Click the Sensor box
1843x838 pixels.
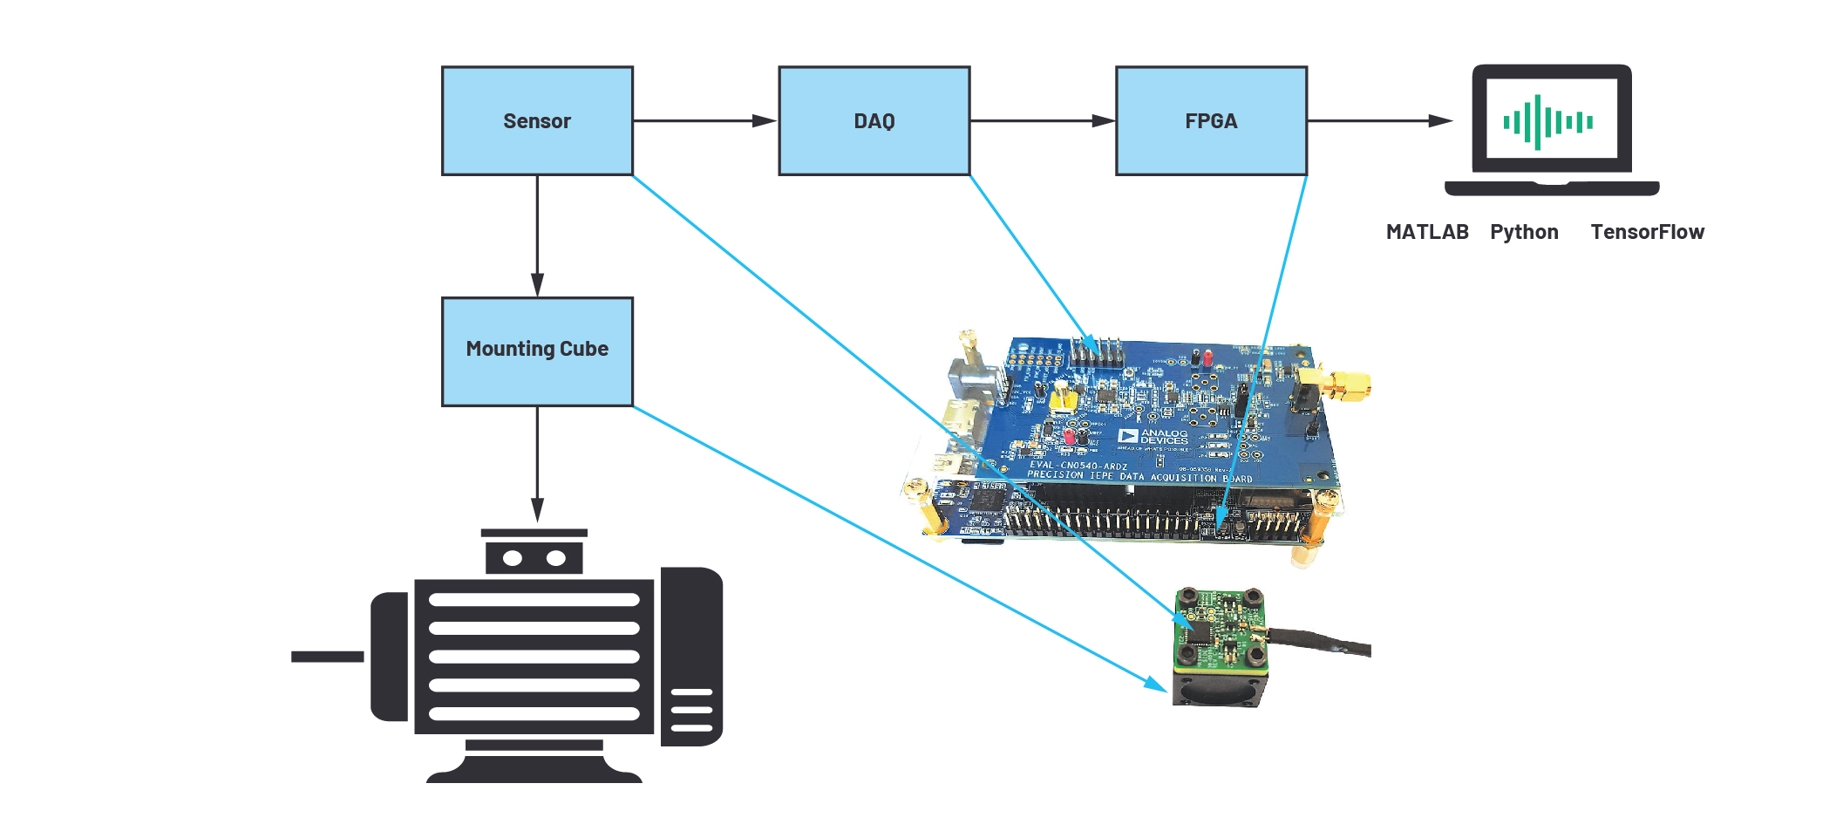[x=537, y=121]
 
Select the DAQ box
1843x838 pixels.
[x=874, y=121]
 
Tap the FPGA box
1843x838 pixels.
[x=1211, y=121]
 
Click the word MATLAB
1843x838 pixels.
[x=1426, y=232]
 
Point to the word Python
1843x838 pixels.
[x=1523, y=232]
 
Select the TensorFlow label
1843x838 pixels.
[x=1646, y=232]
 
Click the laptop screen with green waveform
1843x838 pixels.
[x=1551, y=119]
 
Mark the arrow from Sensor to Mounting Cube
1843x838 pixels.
[x=537, y=235]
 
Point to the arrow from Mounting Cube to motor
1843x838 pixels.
[x=537, y=462]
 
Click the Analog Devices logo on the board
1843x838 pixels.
[x=1153, y=436]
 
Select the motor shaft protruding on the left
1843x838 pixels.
[x=328, y=657]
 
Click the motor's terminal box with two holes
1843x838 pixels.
[x=534, y=557]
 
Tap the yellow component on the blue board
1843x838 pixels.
[x=1062, y=398]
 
